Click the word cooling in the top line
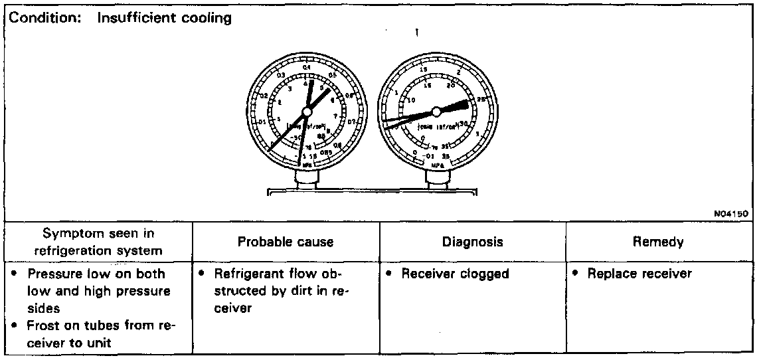coord(207,19)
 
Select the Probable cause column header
coord(286,242)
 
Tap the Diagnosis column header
coord(472,242)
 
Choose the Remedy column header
coord(659,242)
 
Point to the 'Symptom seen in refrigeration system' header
coord(98,242)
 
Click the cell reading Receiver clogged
coord(455,274)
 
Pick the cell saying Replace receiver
coord(639,274)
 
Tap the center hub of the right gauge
coord(436,112)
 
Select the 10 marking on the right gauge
coord(411,100)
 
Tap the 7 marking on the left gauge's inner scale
coord(336,116)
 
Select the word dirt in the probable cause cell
coord(309,291)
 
